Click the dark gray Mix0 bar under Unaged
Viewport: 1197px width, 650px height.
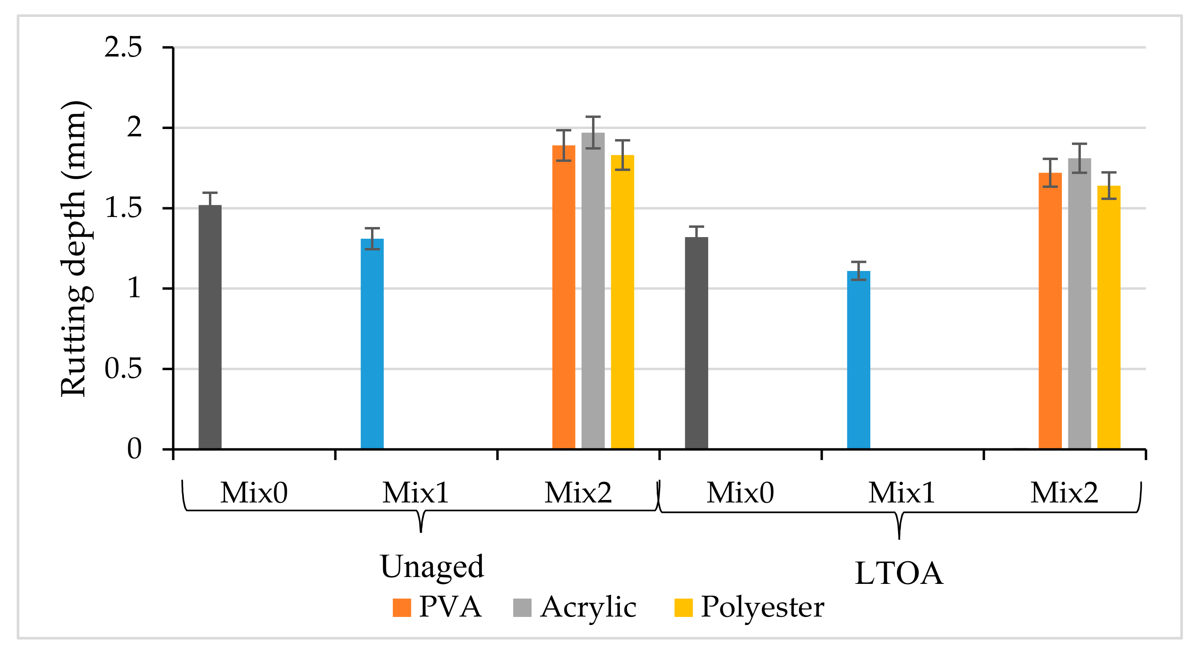[x=210, y=327]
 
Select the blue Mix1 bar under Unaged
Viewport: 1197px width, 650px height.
[x=372, y=344]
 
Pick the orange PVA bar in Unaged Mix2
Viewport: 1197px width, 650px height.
[x=564, y=297]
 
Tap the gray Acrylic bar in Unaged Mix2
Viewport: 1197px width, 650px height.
[x=593, y=291]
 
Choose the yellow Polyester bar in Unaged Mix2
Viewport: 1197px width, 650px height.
[x=622, y=302]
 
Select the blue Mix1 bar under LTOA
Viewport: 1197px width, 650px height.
[x=859, y=360]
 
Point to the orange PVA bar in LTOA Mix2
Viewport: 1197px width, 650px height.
[x=1050, y=311]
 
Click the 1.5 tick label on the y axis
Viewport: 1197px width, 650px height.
[x=123, y=208]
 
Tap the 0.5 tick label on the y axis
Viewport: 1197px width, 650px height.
[x=123, y=369]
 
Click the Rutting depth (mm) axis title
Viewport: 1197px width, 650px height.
[x=74, y=248]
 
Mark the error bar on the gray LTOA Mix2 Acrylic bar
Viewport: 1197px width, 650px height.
[x=1079, y=158]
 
